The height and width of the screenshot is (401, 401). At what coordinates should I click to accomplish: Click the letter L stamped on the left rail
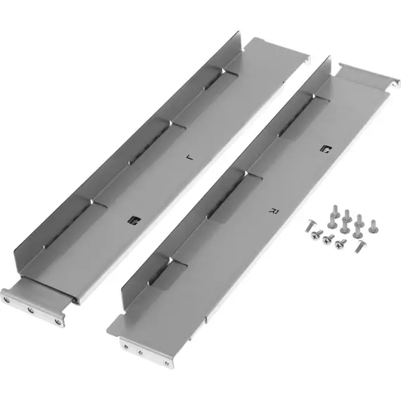click(x=190, y=158)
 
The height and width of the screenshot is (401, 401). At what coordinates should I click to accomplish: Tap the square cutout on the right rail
click(x=326, y=149)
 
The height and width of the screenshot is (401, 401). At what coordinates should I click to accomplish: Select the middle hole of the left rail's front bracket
click(x=31, y=310)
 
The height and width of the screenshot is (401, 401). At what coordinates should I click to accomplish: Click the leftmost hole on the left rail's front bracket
click(x=7, y=300)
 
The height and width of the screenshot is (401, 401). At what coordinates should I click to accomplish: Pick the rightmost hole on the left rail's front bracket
click(x=58, y=322)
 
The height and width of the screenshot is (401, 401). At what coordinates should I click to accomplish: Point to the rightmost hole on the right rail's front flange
click(x=167, y=362)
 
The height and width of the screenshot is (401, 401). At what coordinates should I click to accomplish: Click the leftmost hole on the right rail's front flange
click(x=126, y=347)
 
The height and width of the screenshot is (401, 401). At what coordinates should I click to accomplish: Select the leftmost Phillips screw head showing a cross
click(x=314, y=235)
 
